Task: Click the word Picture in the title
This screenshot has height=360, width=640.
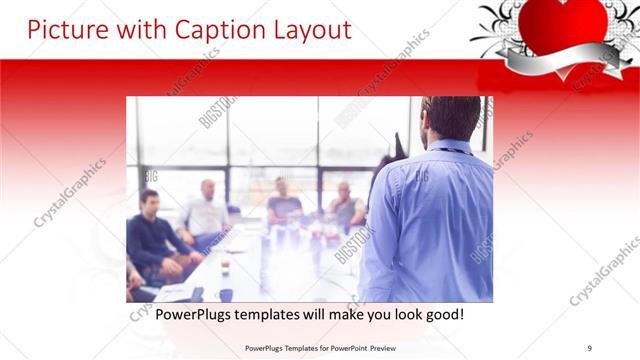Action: pyautogui.click(x=64, y=30)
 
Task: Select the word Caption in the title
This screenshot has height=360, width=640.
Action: pyautogui.click(x=209, y=30)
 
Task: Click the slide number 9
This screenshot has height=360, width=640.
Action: pyautogui.click(x=589, y=347)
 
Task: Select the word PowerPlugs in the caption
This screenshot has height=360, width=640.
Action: pyautogui.click(x=178, y=314)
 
